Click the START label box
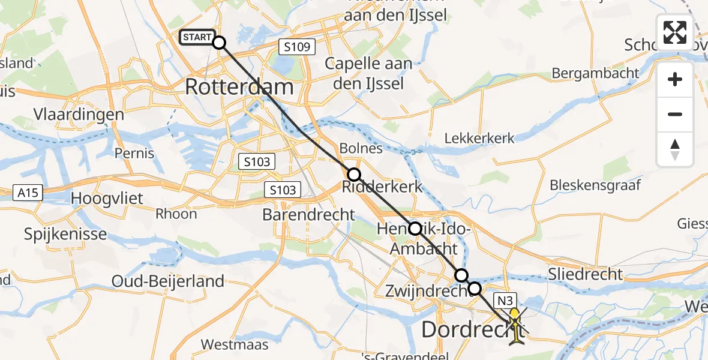coord(197,38)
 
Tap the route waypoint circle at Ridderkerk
coord(354,175)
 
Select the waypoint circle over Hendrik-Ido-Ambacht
coord(415,228)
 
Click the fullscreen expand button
coord(675,32)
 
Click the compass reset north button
coord(675,149)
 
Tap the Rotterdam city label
coord(239,86)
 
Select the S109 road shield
coord(297,46)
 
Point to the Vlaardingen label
coord(79,115)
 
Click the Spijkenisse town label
coord(65,233)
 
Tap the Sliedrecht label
coord(585,274)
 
